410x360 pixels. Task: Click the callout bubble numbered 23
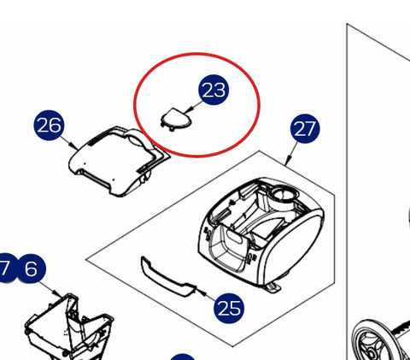point(214,90)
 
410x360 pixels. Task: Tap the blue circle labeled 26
point(49,125)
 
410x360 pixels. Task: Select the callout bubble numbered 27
point(305,128)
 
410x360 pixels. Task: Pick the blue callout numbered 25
point(229,308)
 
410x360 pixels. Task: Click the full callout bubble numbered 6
point(31,269)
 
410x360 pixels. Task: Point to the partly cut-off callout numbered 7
point(6,269)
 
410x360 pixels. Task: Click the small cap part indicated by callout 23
point(176,120)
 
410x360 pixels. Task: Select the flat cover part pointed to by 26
point(120,161)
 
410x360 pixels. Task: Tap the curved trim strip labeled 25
point(168,278)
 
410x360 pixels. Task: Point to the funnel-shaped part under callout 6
point(68,328)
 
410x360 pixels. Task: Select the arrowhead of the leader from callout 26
point(75,147)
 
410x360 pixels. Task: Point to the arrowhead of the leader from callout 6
point(59,294)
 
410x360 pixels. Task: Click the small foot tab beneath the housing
point(274,288)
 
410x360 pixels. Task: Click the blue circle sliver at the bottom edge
point(183,357)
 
